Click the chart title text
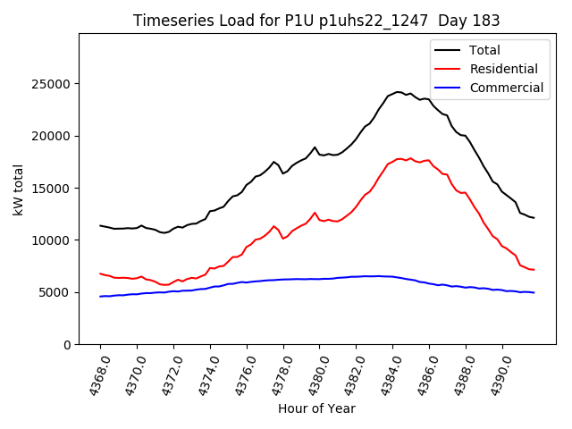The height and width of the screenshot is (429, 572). (316, 21)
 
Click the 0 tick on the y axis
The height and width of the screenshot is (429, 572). (67, 344)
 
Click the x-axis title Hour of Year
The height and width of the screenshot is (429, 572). (316, 408)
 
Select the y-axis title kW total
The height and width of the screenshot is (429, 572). (18, 189)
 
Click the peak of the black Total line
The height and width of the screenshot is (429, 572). (398, 91)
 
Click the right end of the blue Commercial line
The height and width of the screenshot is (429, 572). (534, 292)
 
